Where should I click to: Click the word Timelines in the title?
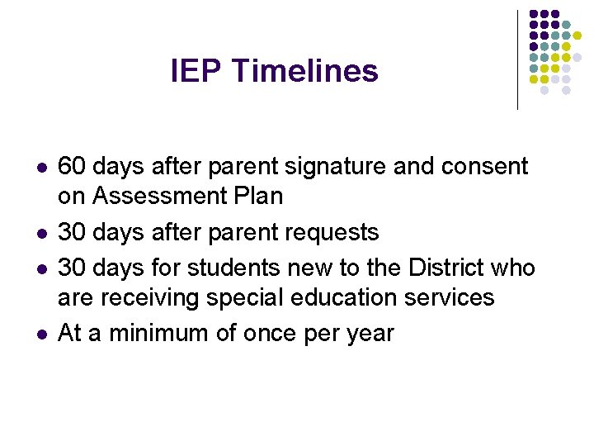[x=305, y=71]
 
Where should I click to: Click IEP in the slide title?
[x=197, y=71]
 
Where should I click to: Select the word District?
[x=444, y=268]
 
